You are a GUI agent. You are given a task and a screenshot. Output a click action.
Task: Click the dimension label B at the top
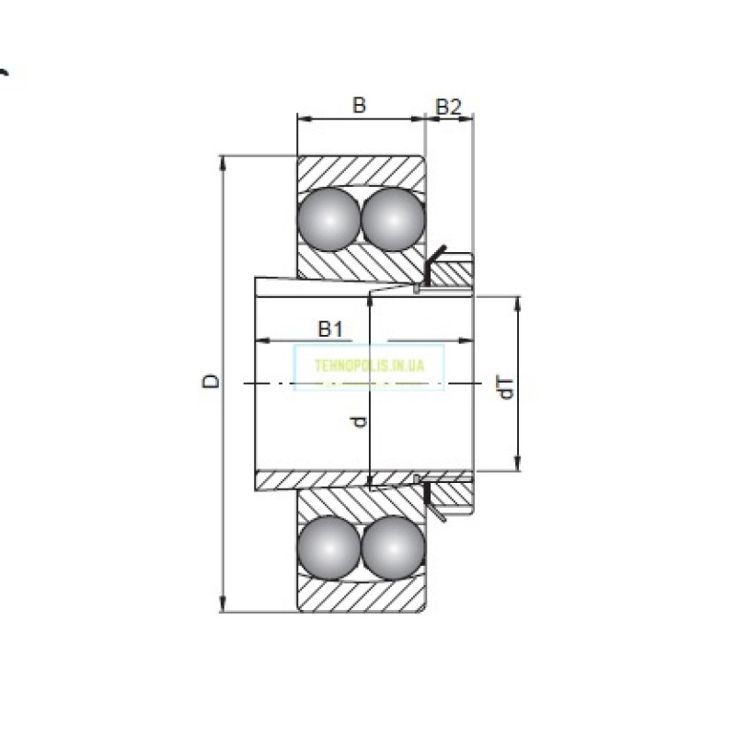pyautogui.click(x=360, y=105)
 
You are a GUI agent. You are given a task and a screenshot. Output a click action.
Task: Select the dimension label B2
pyautogui.click(x=448, y=106)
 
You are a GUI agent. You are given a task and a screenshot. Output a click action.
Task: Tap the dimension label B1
pyautogui.click(x=330, y=328)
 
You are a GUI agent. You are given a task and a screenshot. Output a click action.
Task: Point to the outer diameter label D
pyautogui.click(x=212, y=381)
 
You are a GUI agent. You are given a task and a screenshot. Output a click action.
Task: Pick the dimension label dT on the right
pyautogui.click(x=505, y=387)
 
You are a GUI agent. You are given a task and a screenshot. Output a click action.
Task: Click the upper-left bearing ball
pyautogui.click(x=328, y=219)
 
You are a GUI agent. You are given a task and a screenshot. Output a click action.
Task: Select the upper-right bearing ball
pyautogui.click(x=393, y=219)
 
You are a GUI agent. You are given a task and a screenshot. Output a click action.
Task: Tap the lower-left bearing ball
pyautogui.click(x=328, y=547)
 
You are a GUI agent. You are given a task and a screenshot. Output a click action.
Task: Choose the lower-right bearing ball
pyautogui.click(x=393, y=547)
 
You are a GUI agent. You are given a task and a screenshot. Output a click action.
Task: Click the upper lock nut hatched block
pyautogui.click(x=452, y=273)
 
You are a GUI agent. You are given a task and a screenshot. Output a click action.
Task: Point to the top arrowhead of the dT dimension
pyautogui.click(x=518, y=303)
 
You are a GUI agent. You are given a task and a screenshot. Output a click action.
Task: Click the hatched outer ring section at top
pyautogui.click(x=359, y=169)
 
